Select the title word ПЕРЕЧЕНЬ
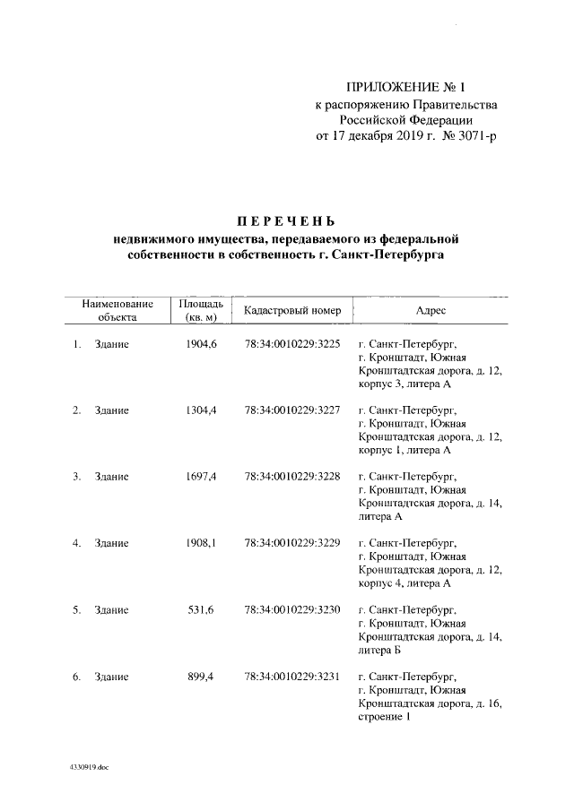pyautogui.click(x=286, y=221)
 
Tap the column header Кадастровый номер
pyautogui.click(x=291, y=311)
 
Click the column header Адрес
pyautogui.click(x=430, y=311)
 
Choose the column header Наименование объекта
pyautogui.click(x=117, y=311)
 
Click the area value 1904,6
pyautogui.click(x=202, y=343)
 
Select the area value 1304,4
pyautogui.click(x=202, y=410)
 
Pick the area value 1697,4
pyautogui.click(x=202, y=477)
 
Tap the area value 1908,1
pyautogui.click(x=202, y=544)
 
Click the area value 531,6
pyautogui.click(x=204, y=610)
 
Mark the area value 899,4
pyautogui.click(x=204, y=677)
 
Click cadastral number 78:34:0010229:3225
pyautogui.click(x=291, y=343)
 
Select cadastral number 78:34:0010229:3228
pyautogui.click(x=291, y=477)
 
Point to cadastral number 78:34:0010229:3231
pyautogui.click(x=291, y=677)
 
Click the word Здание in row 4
pyautogui.click(x=112, y=544)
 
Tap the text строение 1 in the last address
pyautogui.click(x=384, y=717)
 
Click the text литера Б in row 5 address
pyautogui.click(x=380, y=651)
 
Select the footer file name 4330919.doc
pyautogui.click(x=89, y=768)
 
